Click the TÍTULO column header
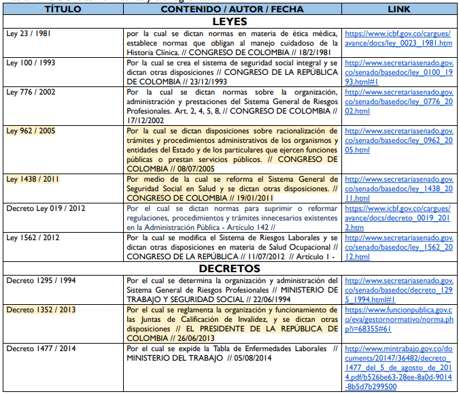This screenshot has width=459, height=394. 63,10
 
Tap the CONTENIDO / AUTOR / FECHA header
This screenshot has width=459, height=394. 231,10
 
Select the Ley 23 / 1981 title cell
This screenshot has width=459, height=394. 29,33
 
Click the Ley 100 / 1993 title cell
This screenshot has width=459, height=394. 30,63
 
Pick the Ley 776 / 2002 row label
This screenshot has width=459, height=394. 30,92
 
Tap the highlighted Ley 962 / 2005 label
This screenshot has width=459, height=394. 30,131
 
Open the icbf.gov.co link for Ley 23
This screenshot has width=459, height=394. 398,38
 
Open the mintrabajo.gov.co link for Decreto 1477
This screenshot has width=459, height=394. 398,367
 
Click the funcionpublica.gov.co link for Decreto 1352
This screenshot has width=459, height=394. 398,318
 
